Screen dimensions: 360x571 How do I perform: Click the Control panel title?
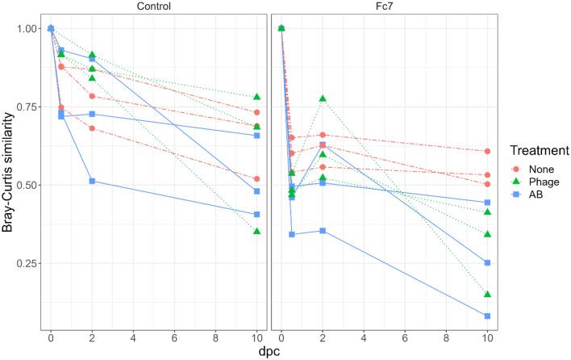click(x=153, y=6)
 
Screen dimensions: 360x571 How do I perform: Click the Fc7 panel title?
click(x=384, y=6)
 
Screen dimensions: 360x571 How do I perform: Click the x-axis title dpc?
click(x=269, y=351)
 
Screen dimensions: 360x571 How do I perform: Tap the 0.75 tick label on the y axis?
click(x=26, y=107)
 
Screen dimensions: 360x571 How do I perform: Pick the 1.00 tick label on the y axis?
click(x=26, y=28)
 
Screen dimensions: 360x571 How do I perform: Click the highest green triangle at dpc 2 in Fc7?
click(x=323, y=98)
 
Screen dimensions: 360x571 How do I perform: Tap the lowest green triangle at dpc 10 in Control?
click(x=257, y=232)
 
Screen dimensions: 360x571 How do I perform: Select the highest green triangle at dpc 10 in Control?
click(x=257, y=97)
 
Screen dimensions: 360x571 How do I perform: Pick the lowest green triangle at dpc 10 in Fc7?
click(x=488, y=294)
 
